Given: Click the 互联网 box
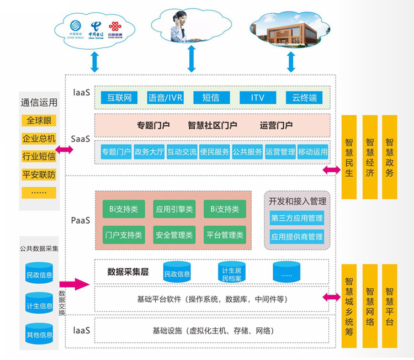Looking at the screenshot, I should point(119,98).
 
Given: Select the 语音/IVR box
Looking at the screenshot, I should point(165,98).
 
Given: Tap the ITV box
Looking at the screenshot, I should point(257,98).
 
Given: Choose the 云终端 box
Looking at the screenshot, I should point(304,98).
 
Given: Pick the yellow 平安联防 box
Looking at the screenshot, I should point(39,174).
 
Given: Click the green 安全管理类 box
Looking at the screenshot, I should point(173,235).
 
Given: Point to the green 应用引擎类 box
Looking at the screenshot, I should point(173,209).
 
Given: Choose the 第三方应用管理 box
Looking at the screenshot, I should point(296,218).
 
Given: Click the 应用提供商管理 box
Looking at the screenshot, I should point(296,237).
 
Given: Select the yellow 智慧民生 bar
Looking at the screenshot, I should point(349,157).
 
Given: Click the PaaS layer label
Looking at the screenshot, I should point(81,220).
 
